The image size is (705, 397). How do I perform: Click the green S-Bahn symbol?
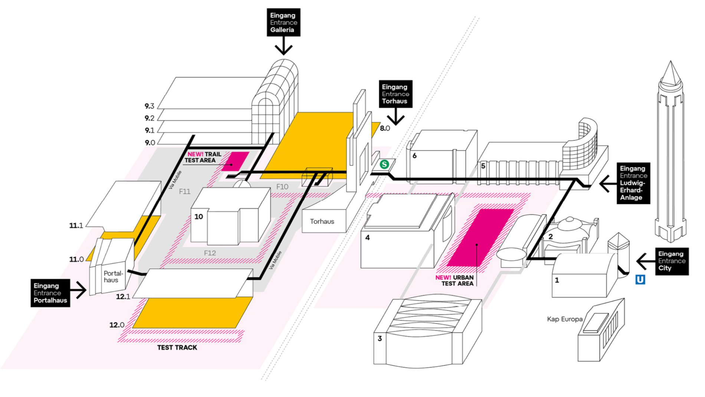384,164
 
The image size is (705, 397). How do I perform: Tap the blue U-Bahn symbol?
640,280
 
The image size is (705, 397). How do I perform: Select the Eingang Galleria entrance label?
283,22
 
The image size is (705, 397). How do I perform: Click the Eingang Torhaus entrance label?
395,94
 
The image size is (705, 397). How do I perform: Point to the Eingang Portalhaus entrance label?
50,293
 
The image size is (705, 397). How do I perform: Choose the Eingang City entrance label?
672,261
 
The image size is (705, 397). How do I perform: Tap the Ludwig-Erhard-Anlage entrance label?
633,183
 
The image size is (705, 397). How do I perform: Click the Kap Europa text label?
564,319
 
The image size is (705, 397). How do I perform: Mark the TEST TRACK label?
177,348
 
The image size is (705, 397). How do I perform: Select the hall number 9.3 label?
150,106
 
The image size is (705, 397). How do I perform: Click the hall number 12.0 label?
117,325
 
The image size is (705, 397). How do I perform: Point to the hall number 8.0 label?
385,128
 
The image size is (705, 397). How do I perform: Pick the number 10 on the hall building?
199,217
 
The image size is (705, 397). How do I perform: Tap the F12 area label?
210,253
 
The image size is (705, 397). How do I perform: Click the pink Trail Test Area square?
235,161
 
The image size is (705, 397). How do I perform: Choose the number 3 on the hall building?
380,338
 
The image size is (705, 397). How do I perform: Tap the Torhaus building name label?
322,222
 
